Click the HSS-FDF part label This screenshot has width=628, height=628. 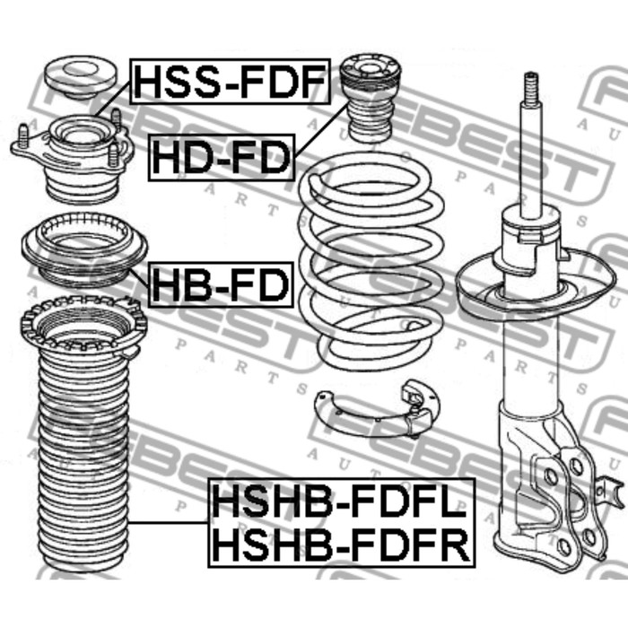coord(231,82)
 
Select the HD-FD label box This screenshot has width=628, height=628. coord(222,158)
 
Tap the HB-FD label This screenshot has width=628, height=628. coord(221,284)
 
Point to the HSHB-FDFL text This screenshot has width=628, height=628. coord(340,502)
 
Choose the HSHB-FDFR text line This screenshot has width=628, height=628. coord(341,545)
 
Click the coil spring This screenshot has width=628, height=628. coord(371,260)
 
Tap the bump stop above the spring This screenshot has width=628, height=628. coord(370,97)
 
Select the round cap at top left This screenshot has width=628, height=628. coord(80,77)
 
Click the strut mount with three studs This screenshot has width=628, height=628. coord(71,156)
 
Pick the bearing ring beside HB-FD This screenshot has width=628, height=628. coord(84,249)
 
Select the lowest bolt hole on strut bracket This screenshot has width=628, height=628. coord(563,545)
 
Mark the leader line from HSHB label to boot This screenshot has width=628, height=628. coord(169,523)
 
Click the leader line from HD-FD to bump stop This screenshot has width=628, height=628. coord(321,128)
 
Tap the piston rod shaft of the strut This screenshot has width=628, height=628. coord(531,161)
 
